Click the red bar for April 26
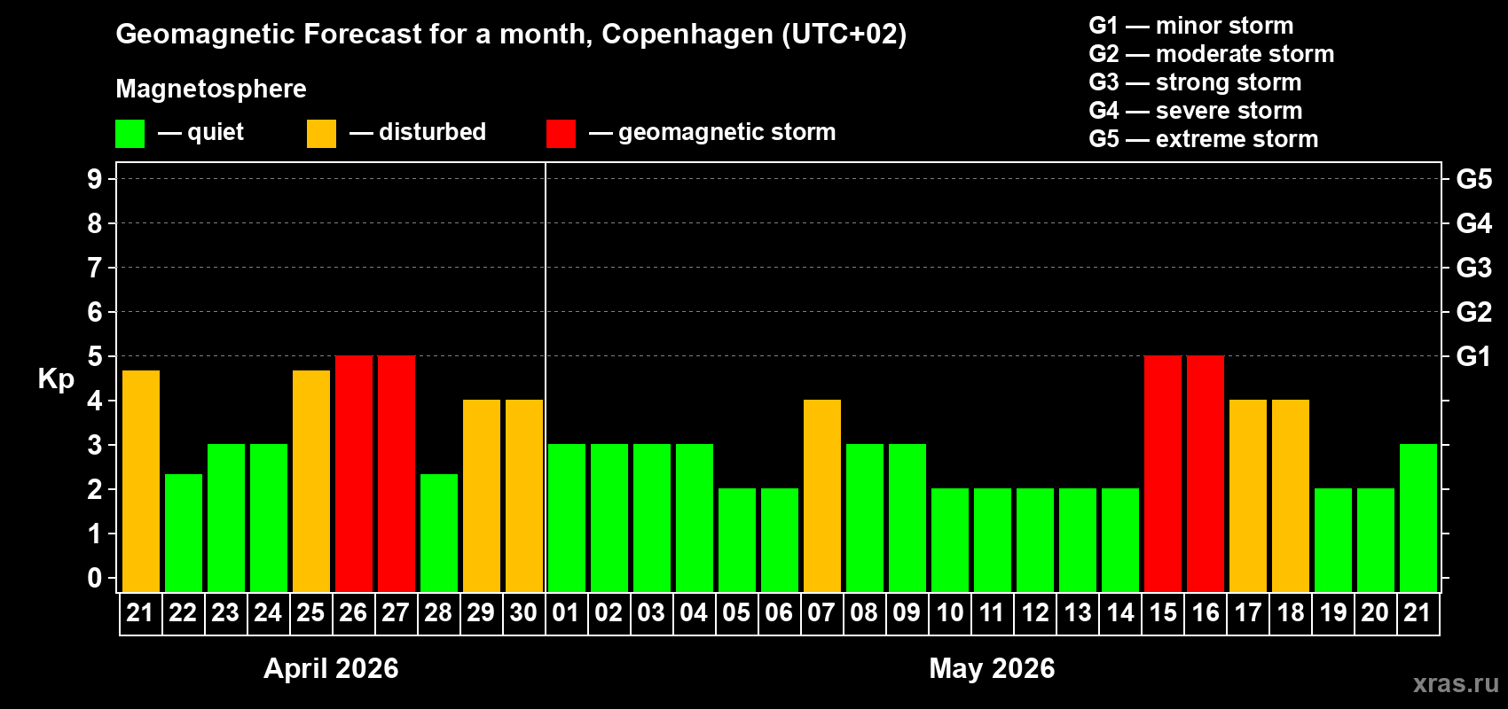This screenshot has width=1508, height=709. tap(353, 473)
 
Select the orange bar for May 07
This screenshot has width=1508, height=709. tap(821, 495)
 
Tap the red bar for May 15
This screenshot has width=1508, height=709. tap(1162, 473)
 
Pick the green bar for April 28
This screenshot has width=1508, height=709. tap(438, 533)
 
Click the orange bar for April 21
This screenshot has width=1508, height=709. tap(140, 481)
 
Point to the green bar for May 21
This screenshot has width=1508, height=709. tap(1418, 518)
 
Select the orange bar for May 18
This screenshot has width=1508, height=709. tap(1290, 495)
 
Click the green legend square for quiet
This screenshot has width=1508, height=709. tap(130, 134)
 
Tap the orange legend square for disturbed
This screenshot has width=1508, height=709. tap(321, 134)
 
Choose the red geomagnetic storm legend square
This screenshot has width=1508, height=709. tap(561, 134)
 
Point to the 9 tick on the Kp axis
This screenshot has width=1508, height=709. tap(95, 179)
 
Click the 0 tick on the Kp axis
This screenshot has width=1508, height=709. tap(95, 579)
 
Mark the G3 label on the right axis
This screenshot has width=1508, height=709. tap(1473, 268)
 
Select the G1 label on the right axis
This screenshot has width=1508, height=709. tap(1473, 356)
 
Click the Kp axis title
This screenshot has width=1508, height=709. tap(56, 379)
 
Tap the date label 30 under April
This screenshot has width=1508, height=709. tap(523, 613)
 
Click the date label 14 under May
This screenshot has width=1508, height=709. tap(1119, 613)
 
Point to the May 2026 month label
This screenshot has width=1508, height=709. tap(992, 668)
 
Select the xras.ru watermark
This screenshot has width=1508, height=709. tap(1456, 683)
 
